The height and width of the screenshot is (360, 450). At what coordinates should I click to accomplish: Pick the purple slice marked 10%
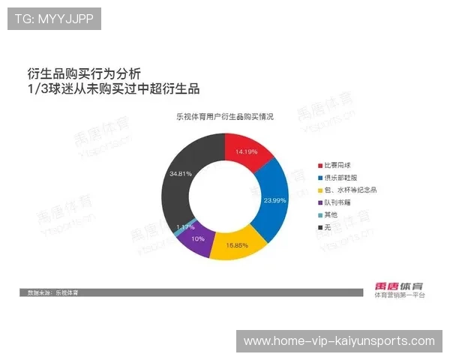[197, 239]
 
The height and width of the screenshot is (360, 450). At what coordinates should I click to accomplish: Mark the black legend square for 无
[319, 226]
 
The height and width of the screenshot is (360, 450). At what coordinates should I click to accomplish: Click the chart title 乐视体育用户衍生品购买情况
[225, 117]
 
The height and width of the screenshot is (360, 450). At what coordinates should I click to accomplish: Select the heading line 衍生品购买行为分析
[83, 73]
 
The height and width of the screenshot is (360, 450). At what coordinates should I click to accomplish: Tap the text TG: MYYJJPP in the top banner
[55, 19]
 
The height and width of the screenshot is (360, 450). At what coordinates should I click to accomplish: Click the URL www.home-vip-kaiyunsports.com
[339, 341]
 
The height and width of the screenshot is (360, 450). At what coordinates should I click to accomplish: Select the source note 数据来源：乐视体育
[52, 291]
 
